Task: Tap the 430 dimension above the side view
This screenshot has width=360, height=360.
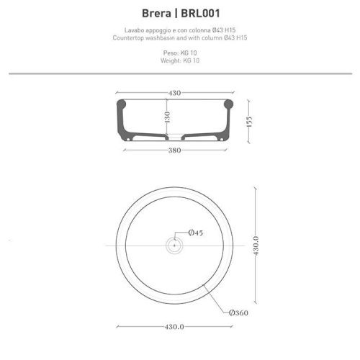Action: point(174,93)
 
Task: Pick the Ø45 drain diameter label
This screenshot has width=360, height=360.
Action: point(196,233)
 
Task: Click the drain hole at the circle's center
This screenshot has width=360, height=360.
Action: point(174,245)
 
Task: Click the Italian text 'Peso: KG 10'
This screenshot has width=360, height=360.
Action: point(179,54)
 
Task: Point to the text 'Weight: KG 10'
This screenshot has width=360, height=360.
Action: point(179,62)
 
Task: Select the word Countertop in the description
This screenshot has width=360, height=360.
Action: point(130,37)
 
